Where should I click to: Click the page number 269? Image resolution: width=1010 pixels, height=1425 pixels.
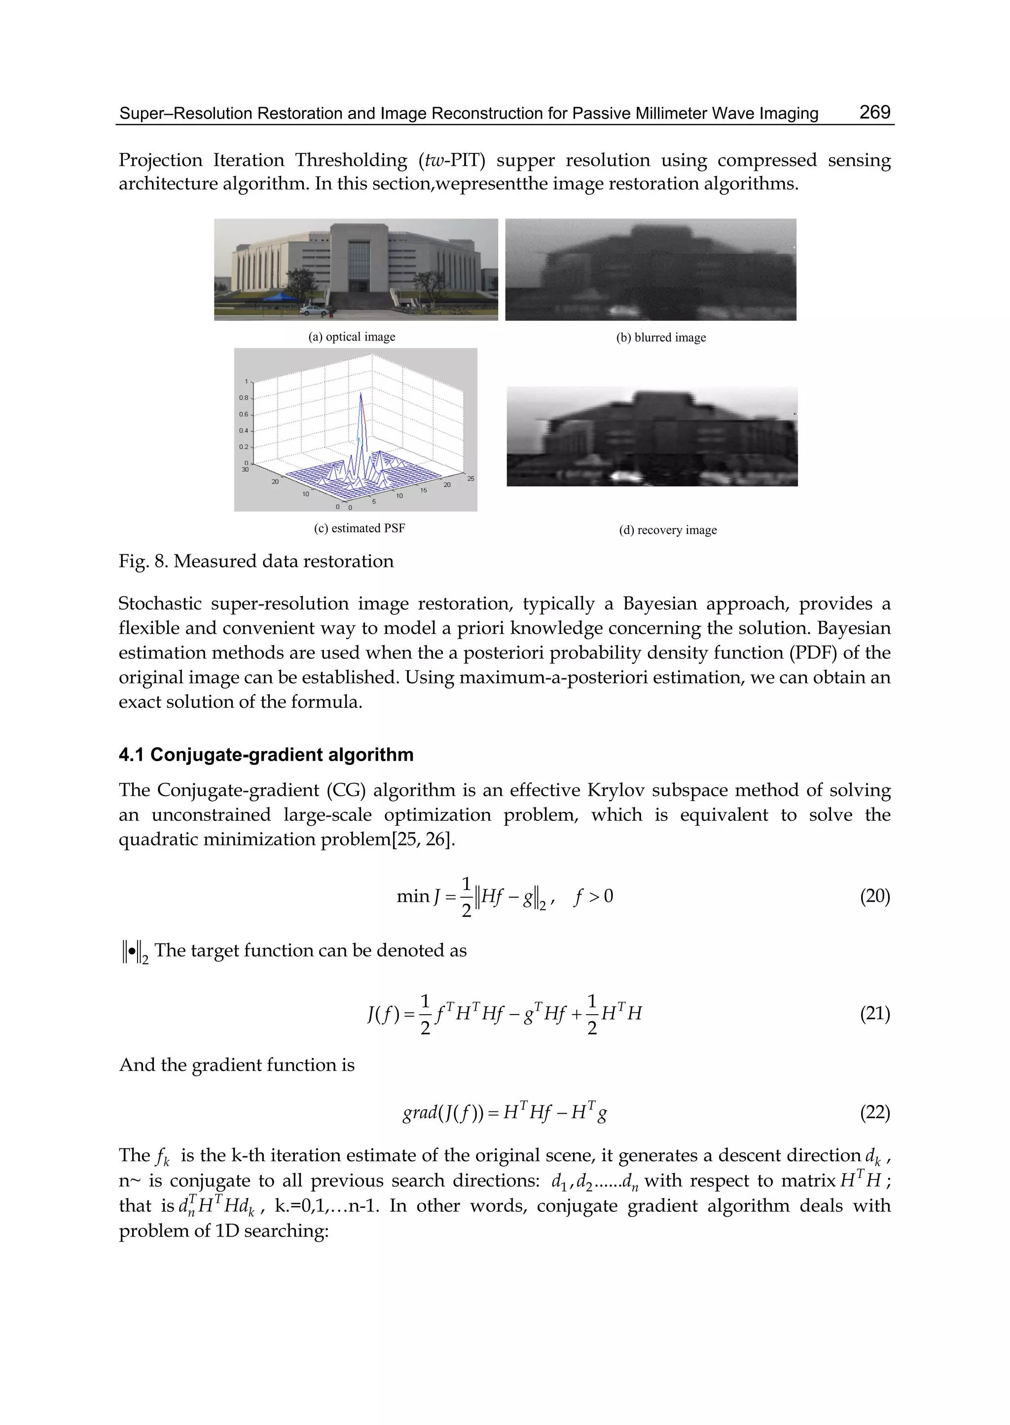pyautogui.click(x=874, y=112)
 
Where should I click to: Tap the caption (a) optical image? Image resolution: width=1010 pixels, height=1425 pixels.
pyautogui.click(x=352, y=337)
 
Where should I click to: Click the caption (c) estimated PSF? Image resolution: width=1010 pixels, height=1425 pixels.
pyautogui.click(x=359, y=529)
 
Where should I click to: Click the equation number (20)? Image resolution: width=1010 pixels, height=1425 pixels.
pyautogui.click(x=874, y=896)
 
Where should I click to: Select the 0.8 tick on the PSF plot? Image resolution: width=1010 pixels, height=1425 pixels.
pyautogui.click(x=243, y=398)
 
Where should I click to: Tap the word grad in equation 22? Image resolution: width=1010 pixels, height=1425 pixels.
pyautogui.click(x=419, y=1113)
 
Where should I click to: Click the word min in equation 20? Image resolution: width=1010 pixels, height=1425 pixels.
pyautogui.click(x=413, y=896)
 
